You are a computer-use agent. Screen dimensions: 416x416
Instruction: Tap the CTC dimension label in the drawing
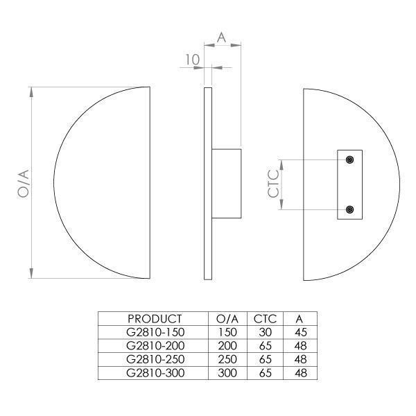(274, 184)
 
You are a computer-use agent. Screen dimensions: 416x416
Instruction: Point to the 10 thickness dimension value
(192, 60)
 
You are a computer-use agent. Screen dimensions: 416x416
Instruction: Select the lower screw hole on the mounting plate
(350, 209)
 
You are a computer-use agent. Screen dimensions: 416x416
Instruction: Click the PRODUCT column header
(155, 319)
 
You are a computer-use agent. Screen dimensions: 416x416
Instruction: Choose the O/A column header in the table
(227, 319)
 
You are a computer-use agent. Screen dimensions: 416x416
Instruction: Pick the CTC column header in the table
(265, 319)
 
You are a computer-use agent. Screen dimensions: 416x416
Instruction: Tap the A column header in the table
(300, 319)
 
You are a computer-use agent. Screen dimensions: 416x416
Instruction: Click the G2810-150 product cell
(155, 332)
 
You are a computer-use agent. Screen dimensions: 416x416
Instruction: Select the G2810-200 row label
(155, 346)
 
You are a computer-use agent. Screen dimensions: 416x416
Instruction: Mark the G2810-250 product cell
(155, 359)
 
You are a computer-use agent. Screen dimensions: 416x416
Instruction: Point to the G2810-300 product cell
(155, 373)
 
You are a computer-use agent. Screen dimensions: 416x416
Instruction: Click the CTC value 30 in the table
(265, 332)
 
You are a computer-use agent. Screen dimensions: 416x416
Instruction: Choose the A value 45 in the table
(300, 332)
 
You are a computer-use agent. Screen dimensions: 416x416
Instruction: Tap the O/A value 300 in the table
(227, 373)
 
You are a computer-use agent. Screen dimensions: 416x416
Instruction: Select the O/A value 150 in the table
(227, 332)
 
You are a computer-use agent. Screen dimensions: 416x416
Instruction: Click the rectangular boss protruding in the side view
(226, 183)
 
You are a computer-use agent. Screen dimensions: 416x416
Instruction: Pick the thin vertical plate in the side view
(207, 183)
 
